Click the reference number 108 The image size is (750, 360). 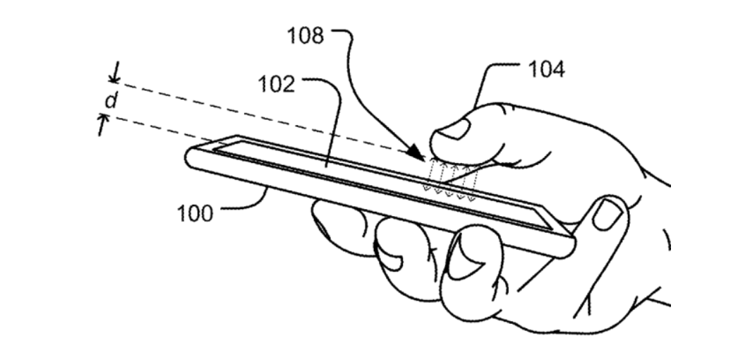[x=306, y=36]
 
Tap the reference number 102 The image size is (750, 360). [x=277, y=85]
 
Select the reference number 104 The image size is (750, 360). [x=546, y=70]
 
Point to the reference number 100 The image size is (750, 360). [x=195, y=213]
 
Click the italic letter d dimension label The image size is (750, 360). [x=111, y=100]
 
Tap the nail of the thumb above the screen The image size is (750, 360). [x=454, y=130]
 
